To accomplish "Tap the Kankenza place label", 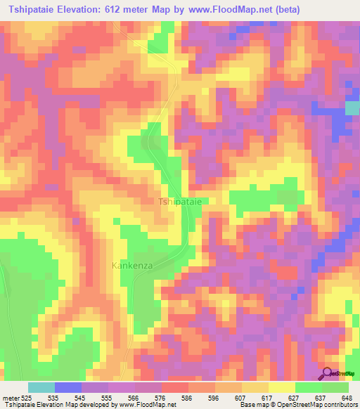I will pyautogui.click(x=132, y=266).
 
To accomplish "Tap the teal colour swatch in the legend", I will pyautogui.click(x=41, y=387).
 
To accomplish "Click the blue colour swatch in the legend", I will pyautogui.click(x=67, y=387).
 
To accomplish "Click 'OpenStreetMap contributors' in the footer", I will pyautogui.click(x=316, y=405).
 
